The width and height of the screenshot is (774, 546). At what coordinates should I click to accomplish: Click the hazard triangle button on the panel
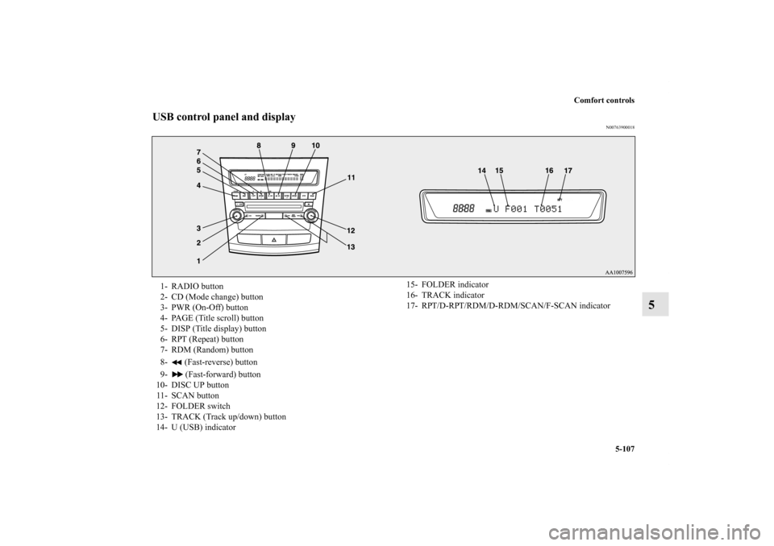click(274, 240)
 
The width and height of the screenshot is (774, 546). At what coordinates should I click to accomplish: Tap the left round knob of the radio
click(236, 217)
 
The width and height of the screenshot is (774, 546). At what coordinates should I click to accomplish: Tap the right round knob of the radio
click(306, 217)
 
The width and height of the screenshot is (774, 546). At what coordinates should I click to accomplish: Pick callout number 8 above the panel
click(260, 145)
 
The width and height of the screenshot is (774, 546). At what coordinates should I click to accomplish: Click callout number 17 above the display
click(568, 172)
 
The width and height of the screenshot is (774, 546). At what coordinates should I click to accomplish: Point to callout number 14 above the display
click(481, 172)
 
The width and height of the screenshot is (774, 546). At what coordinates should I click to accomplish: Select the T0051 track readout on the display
click(546, 209)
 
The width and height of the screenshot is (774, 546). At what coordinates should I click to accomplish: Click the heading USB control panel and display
click(224, 118)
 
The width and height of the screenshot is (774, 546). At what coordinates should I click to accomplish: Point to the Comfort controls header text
click(605, 100)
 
